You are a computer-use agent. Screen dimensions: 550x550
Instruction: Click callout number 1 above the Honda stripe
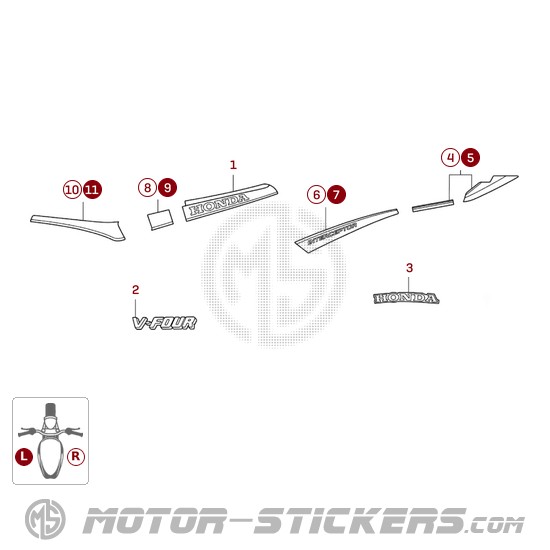[233, 165]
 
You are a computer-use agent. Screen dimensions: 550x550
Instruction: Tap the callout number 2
[135, 290]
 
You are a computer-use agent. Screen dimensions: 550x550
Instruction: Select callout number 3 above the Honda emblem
[409, 268]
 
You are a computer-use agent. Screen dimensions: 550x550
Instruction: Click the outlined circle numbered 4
[450, 157]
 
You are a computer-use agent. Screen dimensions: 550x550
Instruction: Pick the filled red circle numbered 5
[470, 157]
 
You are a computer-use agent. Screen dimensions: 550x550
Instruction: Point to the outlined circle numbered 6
[316, 194]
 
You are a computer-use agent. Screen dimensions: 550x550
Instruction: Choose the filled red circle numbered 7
[336, 194]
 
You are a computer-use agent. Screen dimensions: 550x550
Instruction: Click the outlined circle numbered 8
[147, 187]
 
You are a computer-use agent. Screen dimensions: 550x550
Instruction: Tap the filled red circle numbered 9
[167, 187]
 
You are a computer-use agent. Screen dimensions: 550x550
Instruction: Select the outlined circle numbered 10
[72, 190]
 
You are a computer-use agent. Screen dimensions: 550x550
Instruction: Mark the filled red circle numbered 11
[92, 190]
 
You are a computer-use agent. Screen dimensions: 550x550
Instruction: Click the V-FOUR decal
[164, 323]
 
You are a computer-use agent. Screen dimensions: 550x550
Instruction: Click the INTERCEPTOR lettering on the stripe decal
[332, 233]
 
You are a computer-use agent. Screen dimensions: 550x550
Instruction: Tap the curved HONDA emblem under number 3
[406, 298]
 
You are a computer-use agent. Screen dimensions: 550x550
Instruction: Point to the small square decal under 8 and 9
[160, 220]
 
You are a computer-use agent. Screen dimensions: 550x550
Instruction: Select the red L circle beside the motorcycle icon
[24, 457]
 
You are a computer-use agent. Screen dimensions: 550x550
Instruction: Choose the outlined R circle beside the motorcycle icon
[76, 457]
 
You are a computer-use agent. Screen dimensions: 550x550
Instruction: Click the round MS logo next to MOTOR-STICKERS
[45, 519]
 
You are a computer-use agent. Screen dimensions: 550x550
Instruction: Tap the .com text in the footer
[495, 525]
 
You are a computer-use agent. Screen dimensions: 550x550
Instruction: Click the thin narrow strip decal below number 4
[433, 206]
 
